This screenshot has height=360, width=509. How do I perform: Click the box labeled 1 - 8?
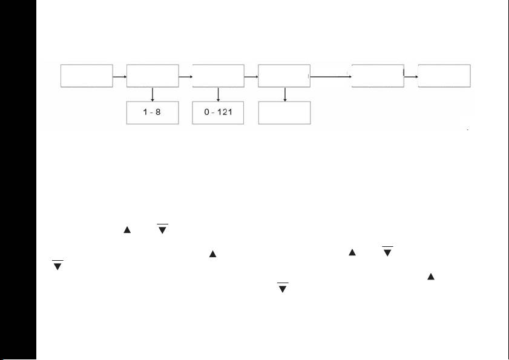pyautogui.click(x=153, y=113)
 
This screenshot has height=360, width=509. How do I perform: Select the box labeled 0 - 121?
pyautogui.click(x=218, y=113)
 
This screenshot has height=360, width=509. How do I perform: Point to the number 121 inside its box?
pyautogui.click(x=225, y=113)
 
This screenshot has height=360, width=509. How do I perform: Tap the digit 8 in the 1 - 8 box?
pyautogui.click(x=159, y=113)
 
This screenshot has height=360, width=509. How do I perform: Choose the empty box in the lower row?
pyautogui.click(x=284, y=113)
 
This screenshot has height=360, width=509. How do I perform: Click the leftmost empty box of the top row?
pyautogui.click(x=87, y=76)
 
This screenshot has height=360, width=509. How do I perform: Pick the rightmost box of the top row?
pyautogui.click(x=444, y=76)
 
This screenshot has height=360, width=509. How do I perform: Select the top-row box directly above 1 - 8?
pyautogui.click(x=153, y=76)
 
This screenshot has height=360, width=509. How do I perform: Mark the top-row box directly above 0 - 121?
pyautogui.click(x=218, y=76)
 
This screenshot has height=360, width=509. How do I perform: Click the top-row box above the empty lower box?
pyautogui.click(x=284, y=76)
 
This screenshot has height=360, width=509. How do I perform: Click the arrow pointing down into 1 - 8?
pyautogui.click(x=153, y=94)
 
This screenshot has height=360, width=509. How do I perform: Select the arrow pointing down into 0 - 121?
pyautogui.click(x=218, y=94)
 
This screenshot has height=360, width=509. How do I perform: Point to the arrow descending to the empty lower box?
pyautogui.click(x=284, y=94)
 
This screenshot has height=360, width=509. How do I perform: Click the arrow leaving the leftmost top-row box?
pyautogui.click(x=120, y=77)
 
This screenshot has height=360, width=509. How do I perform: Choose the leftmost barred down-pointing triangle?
pyautogui.click(x=57, y=266)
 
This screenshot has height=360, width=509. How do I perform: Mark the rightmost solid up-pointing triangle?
pyautogui.click(x=430, y=277)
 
